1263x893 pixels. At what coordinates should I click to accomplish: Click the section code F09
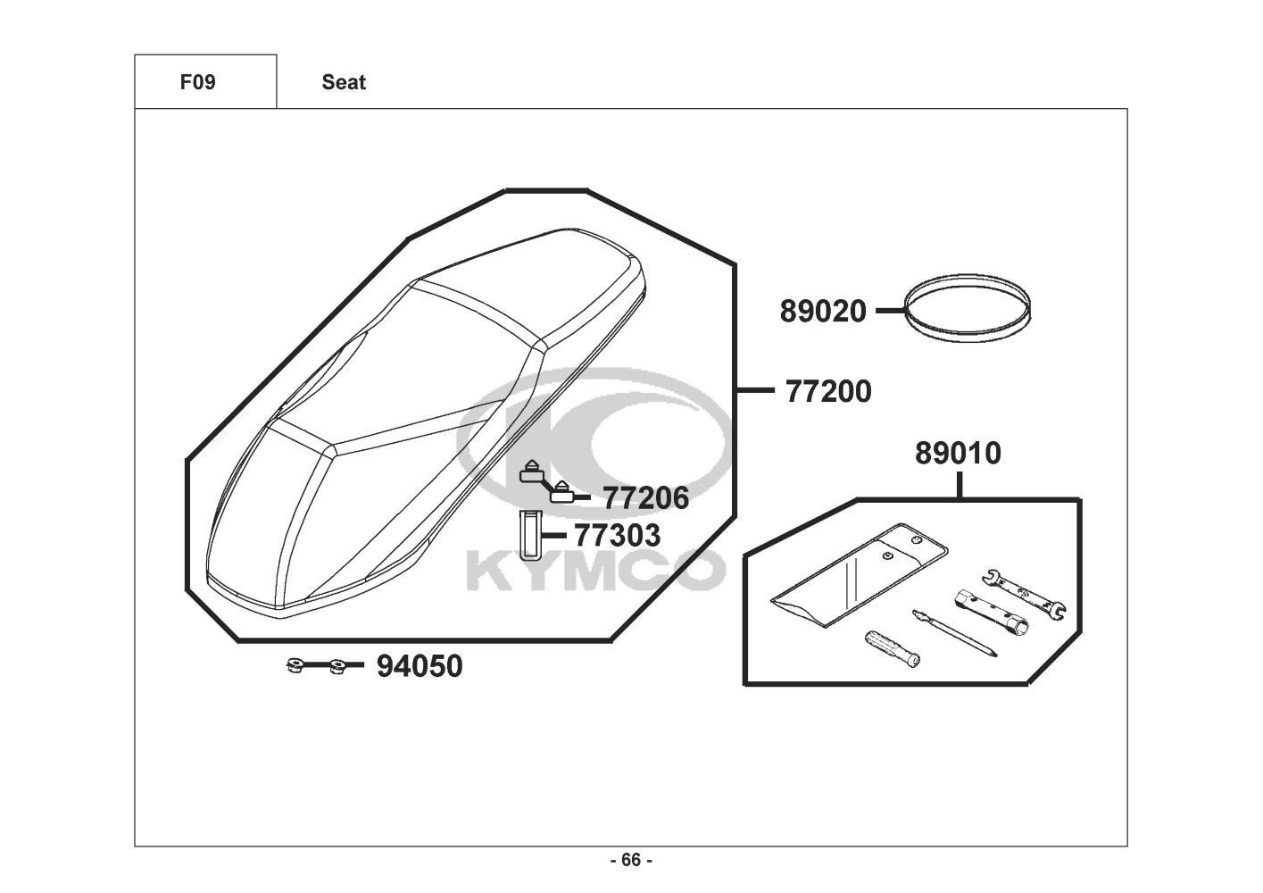point(197,82)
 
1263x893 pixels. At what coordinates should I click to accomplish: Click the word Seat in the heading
point(344,82)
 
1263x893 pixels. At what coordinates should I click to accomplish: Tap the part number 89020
point(823,312)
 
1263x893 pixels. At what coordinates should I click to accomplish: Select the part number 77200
point(828,391)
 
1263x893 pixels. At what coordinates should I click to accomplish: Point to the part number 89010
point(958,454)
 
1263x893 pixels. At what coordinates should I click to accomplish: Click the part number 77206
point(646,498)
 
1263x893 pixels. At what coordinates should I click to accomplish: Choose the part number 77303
point(618,535)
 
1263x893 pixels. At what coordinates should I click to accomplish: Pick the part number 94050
point(420,666)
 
